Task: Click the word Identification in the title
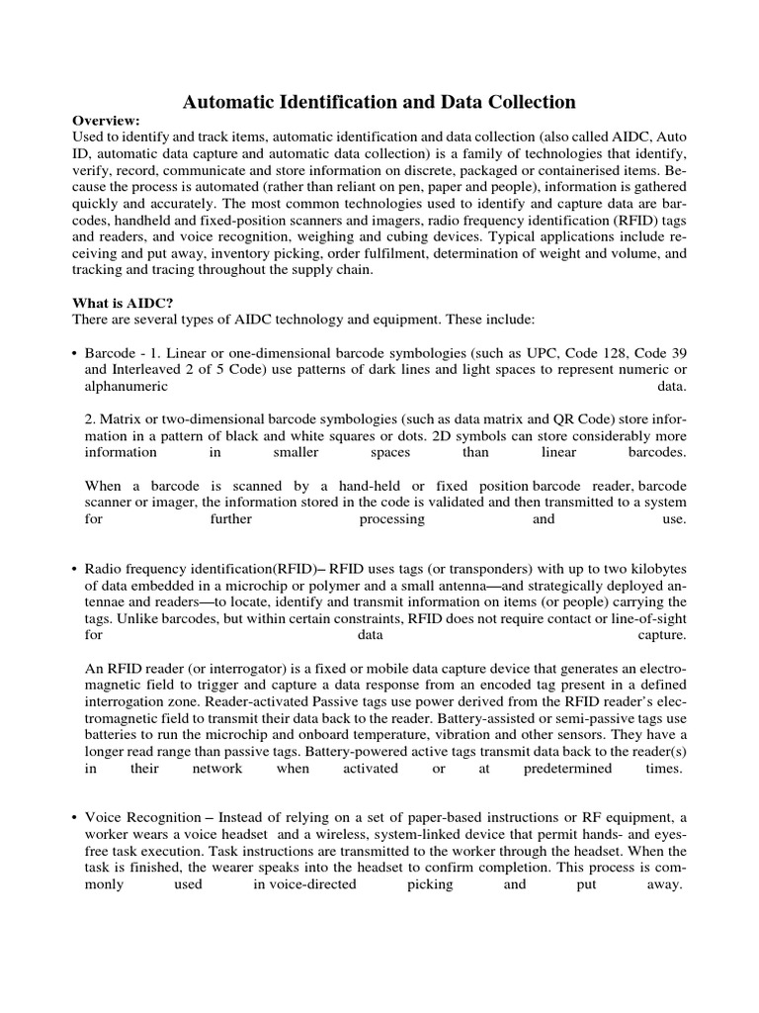pos(326,101)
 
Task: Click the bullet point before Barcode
pos(75,352)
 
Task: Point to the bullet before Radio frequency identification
pos(75,570)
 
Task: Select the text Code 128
pos(622,352)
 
